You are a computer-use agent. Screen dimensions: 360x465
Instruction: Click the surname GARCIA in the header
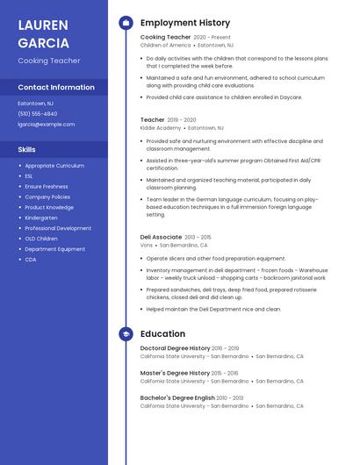point(42,41)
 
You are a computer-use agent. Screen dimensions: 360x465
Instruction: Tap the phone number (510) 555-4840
point(38,114)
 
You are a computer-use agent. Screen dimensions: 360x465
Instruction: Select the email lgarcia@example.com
point(47,125)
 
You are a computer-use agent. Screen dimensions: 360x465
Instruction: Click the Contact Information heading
point(56,88)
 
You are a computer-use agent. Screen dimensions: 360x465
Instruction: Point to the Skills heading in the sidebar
point(27,149)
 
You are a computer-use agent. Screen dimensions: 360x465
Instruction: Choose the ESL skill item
point(30,175)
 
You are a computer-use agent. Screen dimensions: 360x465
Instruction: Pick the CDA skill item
point(31,260)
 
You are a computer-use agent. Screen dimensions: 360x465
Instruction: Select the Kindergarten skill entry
point(41,218)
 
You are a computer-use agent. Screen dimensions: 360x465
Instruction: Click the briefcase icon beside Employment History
point(126,23)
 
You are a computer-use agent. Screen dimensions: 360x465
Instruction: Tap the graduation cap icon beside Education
point(126,334)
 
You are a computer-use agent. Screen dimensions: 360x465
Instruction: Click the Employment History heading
point(185,23)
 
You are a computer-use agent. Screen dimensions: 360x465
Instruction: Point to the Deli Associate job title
point(162,237)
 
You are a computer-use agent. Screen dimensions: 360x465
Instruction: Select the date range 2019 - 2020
point(182,119)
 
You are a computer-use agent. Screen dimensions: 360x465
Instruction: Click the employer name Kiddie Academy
point(161,128)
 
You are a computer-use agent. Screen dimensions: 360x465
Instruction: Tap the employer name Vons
point(146,246)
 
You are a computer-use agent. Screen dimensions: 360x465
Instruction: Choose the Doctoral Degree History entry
point(176,348)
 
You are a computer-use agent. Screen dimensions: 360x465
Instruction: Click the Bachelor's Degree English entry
point(177,397)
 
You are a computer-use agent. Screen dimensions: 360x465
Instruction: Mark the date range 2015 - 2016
point(225,373)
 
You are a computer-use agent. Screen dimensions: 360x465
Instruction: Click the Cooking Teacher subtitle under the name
point(49,61)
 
